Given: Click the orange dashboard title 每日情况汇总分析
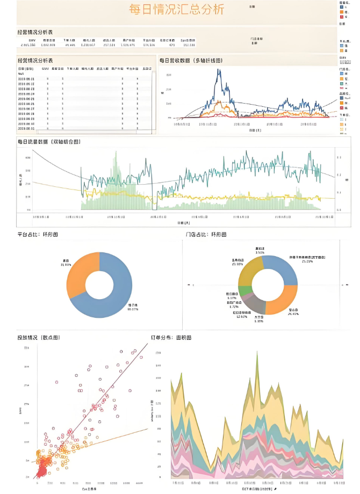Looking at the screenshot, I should [x=177, y=10].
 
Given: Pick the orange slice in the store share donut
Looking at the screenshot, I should [x=284, y=299].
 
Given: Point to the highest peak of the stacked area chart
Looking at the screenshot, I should [x=256, y=352].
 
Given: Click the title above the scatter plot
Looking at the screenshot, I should [x=39, y=337].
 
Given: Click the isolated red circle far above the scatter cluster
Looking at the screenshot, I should [x=56, y=382].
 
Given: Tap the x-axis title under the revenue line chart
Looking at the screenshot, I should [x=256, y=130].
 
